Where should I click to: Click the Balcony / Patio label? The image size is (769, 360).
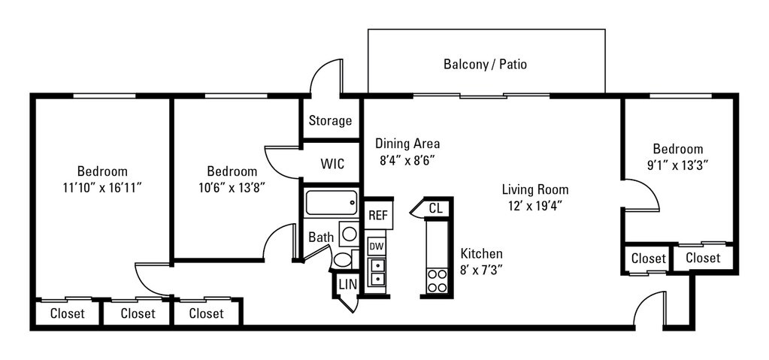pos(485,64)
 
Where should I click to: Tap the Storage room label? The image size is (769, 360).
pos(330,120)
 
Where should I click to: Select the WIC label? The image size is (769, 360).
pos(332,163)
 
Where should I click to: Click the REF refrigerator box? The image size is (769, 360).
pos(377,215)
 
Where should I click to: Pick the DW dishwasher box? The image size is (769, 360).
pos(377,246)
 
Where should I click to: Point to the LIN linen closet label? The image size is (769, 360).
pos(347,284)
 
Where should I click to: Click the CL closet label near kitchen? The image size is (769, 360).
pos(434,208)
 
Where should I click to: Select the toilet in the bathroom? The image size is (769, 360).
pos(342,260)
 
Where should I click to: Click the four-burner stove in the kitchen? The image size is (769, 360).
pos(436,280)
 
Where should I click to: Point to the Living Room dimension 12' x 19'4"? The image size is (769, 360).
pos(534,204)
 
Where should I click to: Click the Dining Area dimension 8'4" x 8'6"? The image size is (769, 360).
pos(407,159)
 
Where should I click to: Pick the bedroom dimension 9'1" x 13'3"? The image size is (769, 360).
pos(677,164)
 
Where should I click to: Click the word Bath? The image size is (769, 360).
pos(321,237)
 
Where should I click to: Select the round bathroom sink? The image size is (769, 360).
pos(350,234)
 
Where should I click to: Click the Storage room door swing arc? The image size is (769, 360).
pos(325,75)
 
